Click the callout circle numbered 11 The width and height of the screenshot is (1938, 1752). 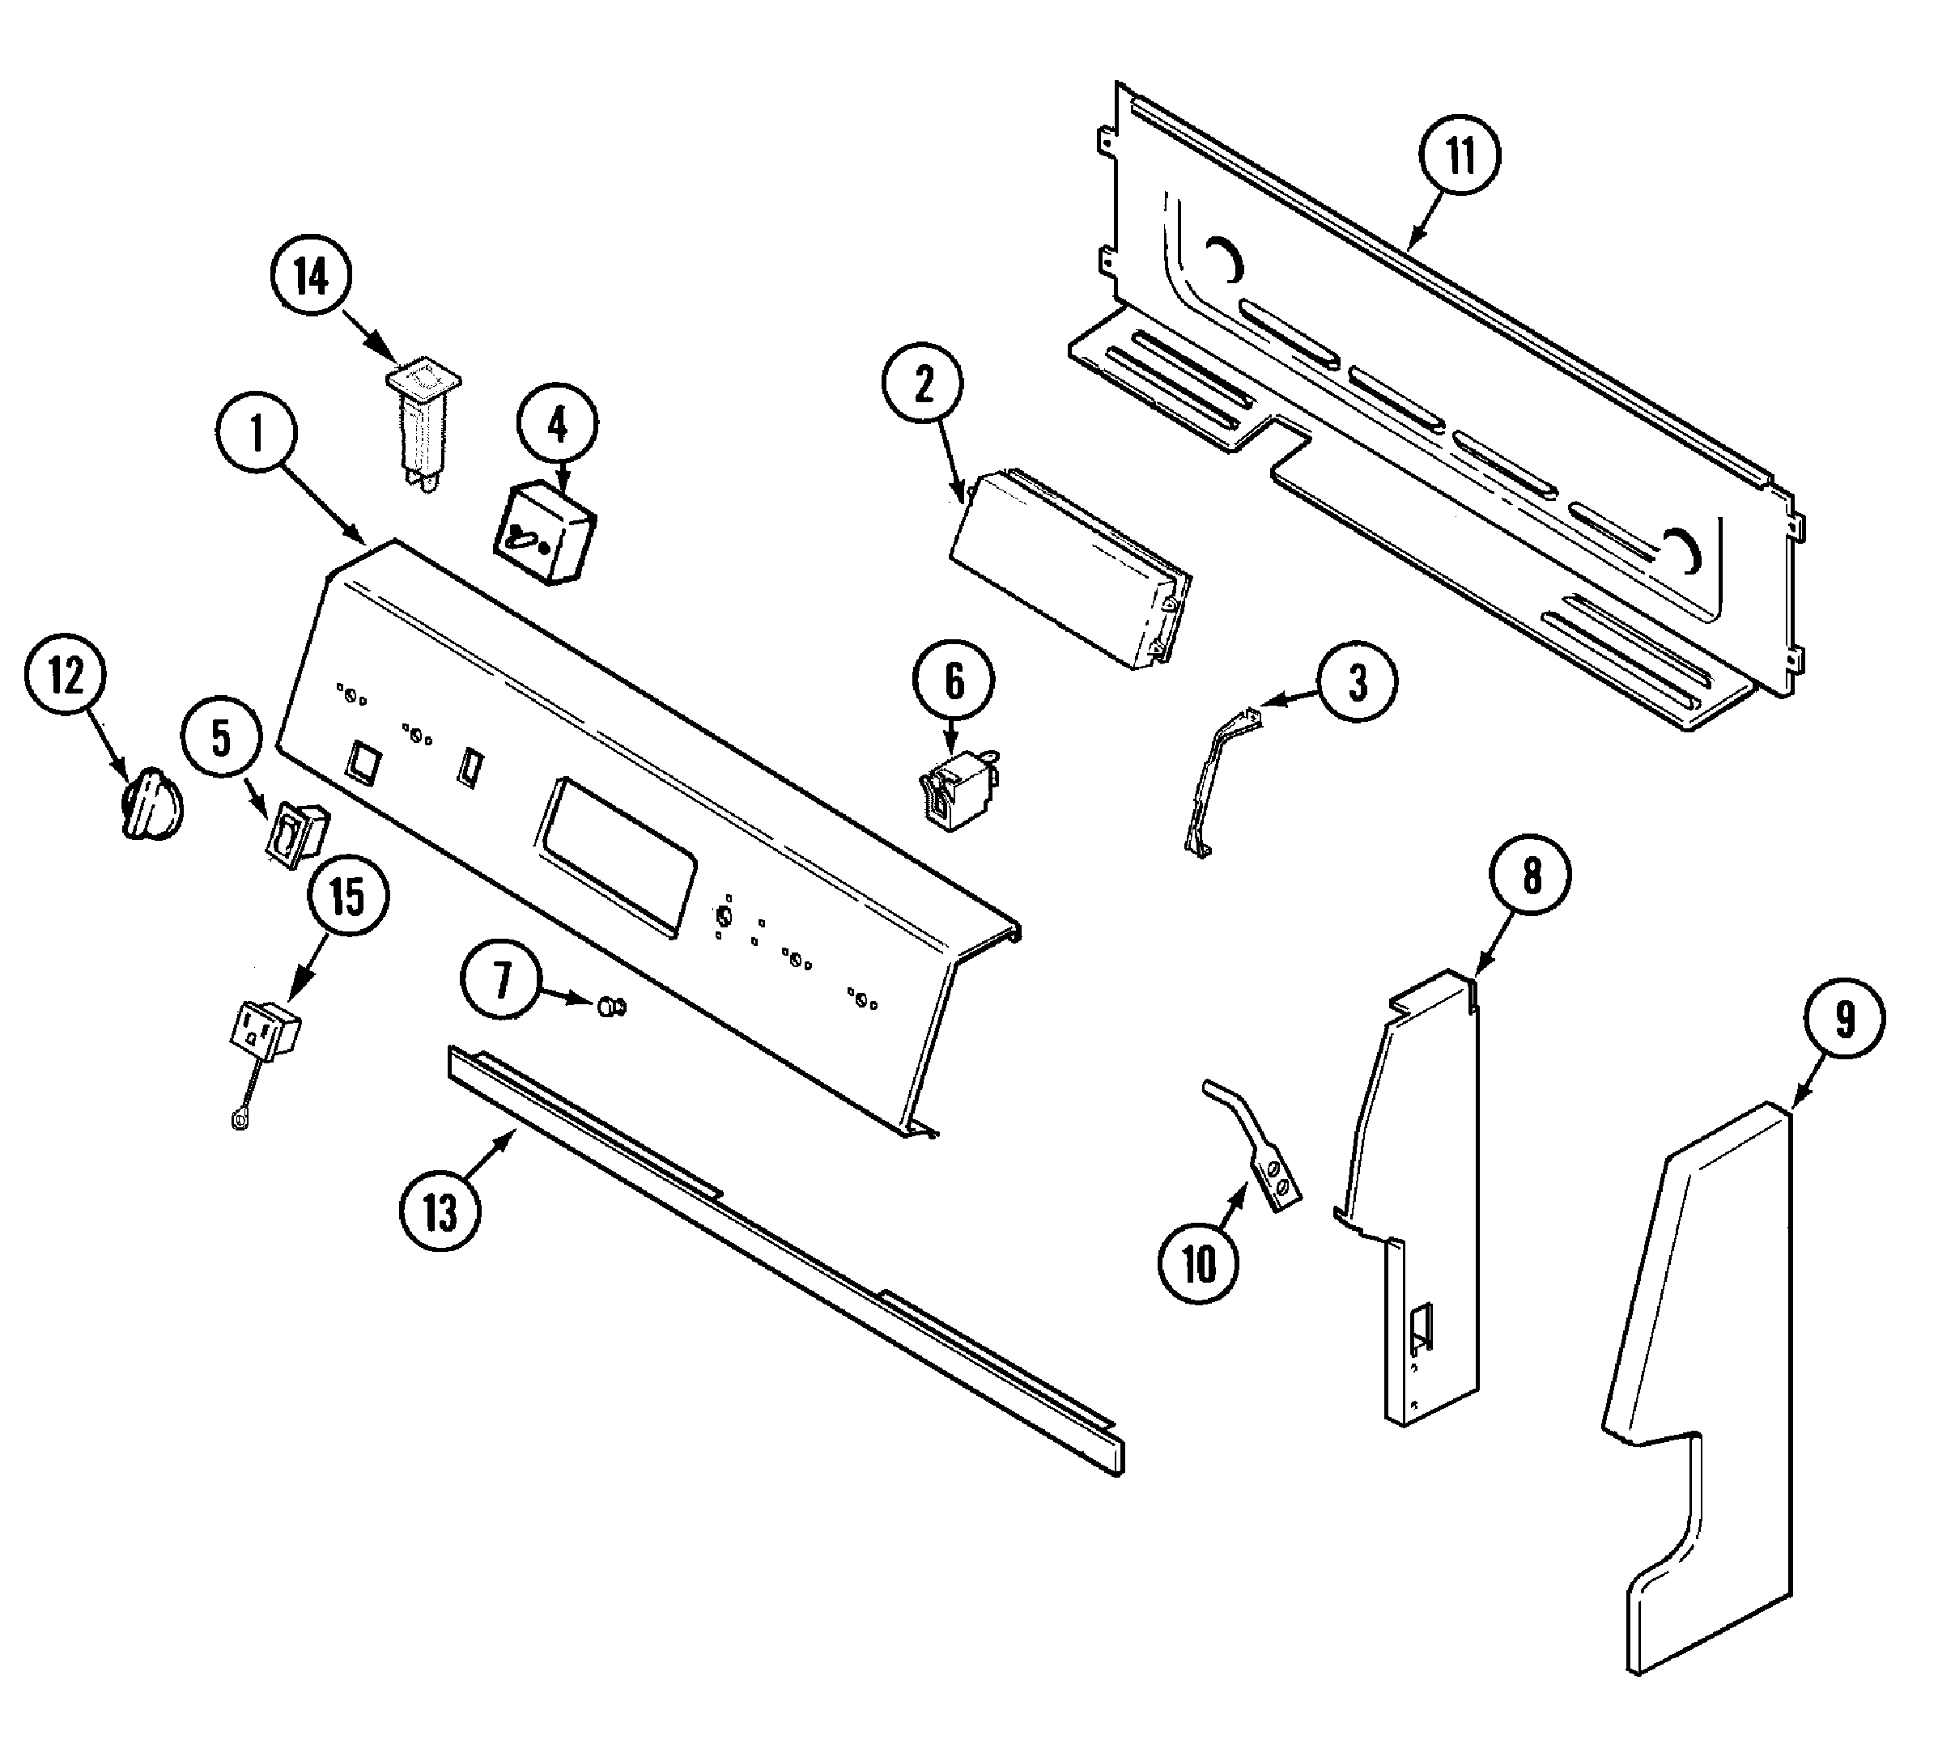pyautogui.click(x=1460, y=155)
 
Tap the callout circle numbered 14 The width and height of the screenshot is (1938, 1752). pyautogui.click(x=311, y=277)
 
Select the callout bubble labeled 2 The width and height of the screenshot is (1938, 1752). pyautogui.click(x=923, y=385)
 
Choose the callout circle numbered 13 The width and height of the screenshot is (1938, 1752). pyautogui.click(x=440, y=1213)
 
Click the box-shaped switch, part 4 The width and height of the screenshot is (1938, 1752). pyautogui.click(x=545, y=535)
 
